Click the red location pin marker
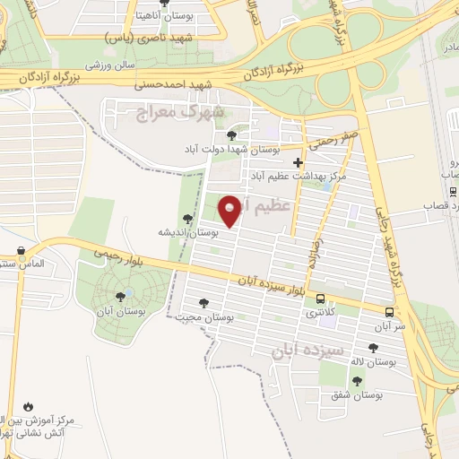[x=230, y=211]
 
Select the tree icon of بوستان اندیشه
[x=187, y=218]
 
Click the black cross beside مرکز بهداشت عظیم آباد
[x=299, y=162]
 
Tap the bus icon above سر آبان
[x=389, y=312]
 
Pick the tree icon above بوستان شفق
[x=357, y=381]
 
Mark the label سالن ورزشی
[x=110, y=65]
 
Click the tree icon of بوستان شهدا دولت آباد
[x=231, y=134]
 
